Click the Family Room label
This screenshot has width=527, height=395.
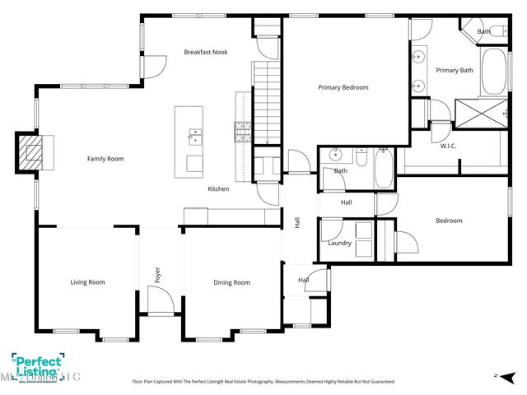pyautogui.click(x=105, y=159)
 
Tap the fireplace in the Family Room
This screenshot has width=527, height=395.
pyautogui.click(x=34, y=153)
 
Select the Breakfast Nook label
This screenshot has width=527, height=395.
pyautogui.click(x=205, y=52)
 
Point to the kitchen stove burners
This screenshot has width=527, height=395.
pyautogui.click(x=244, y=129)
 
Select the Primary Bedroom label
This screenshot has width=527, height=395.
pyautogui.click(x=343, y=87)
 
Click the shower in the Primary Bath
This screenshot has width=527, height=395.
pyautogui.click(x=480, y=114)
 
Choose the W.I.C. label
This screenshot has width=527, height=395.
pyautogui.click(x=449, y=146)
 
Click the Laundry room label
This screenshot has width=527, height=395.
pyautogui.click(x=339, y=243)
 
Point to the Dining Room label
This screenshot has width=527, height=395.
pyautogui.click(x=231, y=282)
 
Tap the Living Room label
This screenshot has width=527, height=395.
pyautogui.click(x=86, y=282)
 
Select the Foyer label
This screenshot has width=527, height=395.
pyautogui.click(x=157, y=273)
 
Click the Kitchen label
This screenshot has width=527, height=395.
pyautogui.click(x=218, y=189)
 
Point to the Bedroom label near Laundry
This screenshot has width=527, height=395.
pyautogui.click(x=449, y=221)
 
